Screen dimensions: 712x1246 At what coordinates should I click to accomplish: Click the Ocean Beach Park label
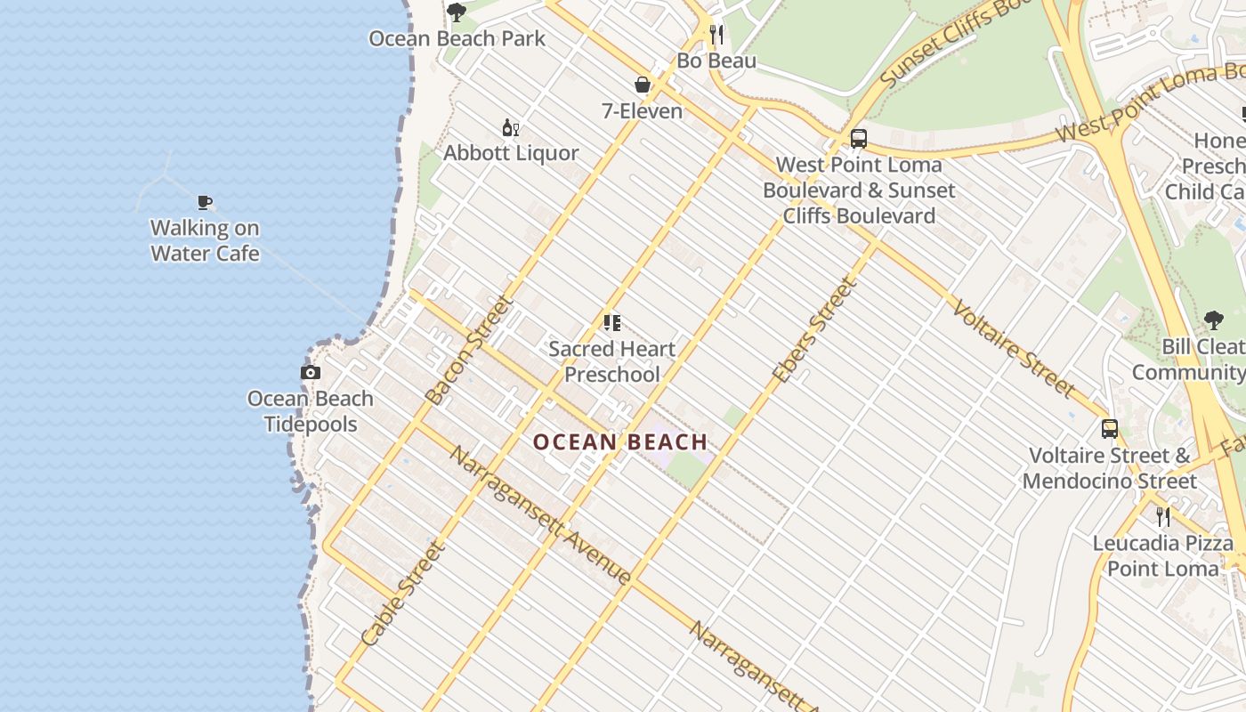click(x=457, y=39)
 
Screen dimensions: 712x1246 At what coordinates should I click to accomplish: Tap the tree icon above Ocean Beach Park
click(x=457, y=12)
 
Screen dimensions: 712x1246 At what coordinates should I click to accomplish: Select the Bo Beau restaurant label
click(x=716, y=61)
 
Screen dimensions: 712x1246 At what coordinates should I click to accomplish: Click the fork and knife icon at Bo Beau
click(x=716, y=35)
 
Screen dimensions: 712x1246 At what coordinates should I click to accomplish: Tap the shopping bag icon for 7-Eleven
click(x=642, y=85)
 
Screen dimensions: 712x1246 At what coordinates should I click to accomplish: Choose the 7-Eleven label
click(x=642, y=111)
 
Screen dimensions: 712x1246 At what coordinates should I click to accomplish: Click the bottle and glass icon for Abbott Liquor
click(x=511, y=128)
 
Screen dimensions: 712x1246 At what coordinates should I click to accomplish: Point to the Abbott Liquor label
click(x=511, y=153)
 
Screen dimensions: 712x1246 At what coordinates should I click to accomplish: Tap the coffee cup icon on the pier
click(x=205, y=202)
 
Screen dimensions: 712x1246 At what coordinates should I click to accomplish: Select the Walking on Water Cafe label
click(x=205, y=240)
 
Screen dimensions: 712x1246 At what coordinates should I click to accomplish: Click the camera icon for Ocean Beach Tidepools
click(x=310, y=373)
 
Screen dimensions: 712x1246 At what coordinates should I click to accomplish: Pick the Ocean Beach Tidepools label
click(x=310, y=411)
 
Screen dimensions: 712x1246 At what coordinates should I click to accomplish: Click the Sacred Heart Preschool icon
click(x=611, y=323)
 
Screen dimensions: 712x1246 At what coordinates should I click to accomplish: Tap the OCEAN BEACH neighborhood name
click(x=620, y=441)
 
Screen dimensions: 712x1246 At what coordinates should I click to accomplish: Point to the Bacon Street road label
click(x=470, y=350)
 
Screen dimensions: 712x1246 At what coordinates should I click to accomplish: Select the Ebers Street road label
click(x=814, y=331)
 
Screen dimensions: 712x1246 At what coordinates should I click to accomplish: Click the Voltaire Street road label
click(x=1013, y=348)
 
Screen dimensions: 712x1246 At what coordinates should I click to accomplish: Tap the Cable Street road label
click(x=403, y=594)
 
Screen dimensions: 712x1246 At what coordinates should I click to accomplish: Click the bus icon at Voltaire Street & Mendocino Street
click(x=1109, y=429)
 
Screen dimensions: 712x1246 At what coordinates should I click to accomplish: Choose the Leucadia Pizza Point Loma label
click(x=1162, y=556)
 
